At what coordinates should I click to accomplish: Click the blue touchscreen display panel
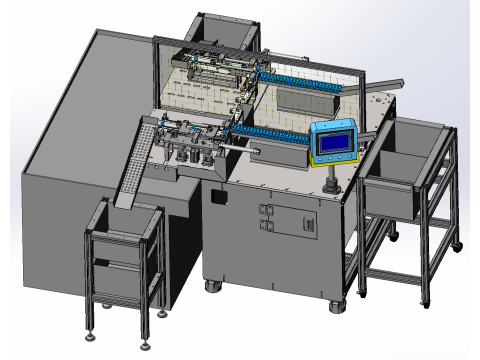click(332, 142)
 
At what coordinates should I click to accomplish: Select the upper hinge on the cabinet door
click(266, 210)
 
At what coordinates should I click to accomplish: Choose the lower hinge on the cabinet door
click(266, 227)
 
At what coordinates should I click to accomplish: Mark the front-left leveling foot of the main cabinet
click(214, 287)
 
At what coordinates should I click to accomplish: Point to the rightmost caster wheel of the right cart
click(459, 243)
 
